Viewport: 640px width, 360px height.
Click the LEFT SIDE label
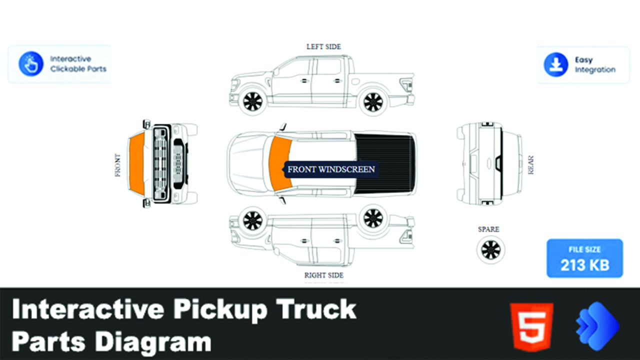(323, 46)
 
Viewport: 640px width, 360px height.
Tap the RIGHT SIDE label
(323, 275)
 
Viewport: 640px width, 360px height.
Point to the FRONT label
(117, 165)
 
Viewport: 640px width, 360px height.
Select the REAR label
(530, 165)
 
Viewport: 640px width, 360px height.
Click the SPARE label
(488, 229)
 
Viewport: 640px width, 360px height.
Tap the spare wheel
(490, 249)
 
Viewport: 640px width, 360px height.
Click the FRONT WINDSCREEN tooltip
(331, 169)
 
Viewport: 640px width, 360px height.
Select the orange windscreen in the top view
(280, 163)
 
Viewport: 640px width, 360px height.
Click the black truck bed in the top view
(385, 163)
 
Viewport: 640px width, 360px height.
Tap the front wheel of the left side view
(252, 101)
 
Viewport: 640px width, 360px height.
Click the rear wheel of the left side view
(373, 102)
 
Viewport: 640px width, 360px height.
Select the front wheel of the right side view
(252, 220)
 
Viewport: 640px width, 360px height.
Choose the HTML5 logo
(531, 326)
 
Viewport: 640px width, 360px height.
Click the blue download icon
(555, 64)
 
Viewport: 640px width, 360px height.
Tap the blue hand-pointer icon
(31, 63)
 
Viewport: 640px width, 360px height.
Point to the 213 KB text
(584, 265)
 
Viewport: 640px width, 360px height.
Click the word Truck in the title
(316, 309)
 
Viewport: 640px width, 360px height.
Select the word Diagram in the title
(153, 342)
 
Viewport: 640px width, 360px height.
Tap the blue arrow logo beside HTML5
(597, 326)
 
